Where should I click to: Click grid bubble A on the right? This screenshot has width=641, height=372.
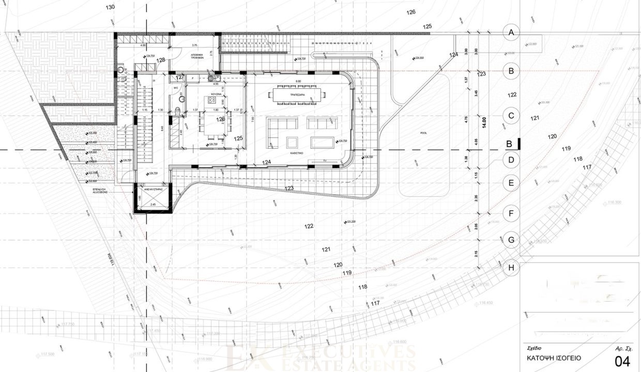click(x=511, y=33)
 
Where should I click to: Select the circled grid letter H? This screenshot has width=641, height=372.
click(x=511, y=268)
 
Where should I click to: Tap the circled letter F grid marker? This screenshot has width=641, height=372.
click(x=511, y=212)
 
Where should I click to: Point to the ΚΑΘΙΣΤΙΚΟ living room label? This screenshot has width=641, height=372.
click(x=296, y=153)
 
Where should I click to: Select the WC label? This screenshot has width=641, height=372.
click(x=176, y=88)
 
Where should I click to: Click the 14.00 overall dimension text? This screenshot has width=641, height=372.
click(x=484, y=121)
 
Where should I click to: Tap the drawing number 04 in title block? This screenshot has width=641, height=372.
click(x=622, y=360)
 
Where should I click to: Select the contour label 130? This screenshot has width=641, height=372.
click(x=110, y=7)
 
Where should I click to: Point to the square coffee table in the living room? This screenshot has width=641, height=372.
click(x=292, y=142)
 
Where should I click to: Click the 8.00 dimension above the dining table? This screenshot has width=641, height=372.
click(x=297, y=82)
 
